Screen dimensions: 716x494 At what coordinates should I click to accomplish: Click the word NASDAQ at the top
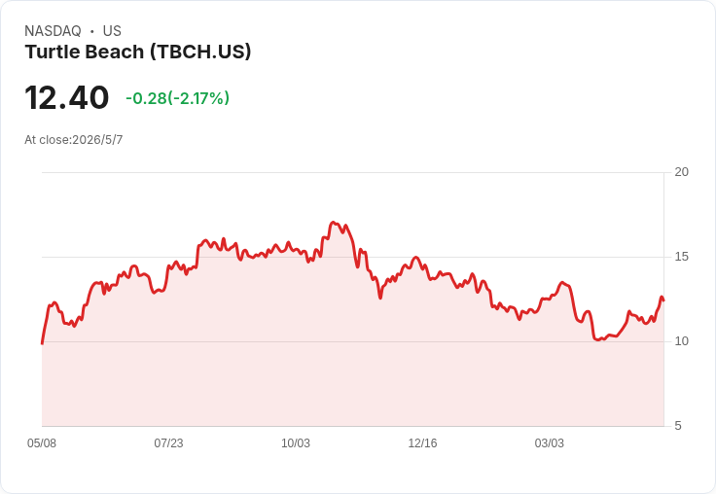click(53, 31)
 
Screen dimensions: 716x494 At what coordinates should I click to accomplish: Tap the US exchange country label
click(112, 31)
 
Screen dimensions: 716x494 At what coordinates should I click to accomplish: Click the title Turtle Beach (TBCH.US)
click(138, 52)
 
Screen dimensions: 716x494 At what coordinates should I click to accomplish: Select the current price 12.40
click(67, 97)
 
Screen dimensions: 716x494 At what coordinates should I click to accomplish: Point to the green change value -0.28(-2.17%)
click(178, 97)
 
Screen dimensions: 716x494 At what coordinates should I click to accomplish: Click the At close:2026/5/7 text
click(74, 140)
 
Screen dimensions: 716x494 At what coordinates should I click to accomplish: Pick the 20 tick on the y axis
click(681, 172)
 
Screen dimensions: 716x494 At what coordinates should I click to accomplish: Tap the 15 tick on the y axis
click(681, 257)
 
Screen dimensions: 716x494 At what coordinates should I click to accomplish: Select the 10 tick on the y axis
click(681, 341)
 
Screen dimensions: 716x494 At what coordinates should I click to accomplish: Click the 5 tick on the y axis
click(678, 426)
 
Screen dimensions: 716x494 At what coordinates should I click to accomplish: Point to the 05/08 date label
click(42, 442)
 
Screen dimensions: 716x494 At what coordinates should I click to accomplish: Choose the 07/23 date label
click(168, 442)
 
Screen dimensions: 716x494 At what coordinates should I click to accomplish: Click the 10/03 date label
click(296, 442)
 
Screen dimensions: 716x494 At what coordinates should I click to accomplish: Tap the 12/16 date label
click(422, 442)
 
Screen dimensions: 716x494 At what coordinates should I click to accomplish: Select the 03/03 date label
click(550, 442)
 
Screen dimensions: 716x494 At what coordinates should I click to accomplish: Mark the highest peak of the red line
click(333, 223)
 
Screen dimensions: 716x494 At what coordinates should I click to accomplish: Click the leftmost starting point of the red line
click(42, 343)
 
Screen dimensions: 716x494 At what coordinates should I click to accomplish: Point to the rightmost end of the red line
click(663, 300)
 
